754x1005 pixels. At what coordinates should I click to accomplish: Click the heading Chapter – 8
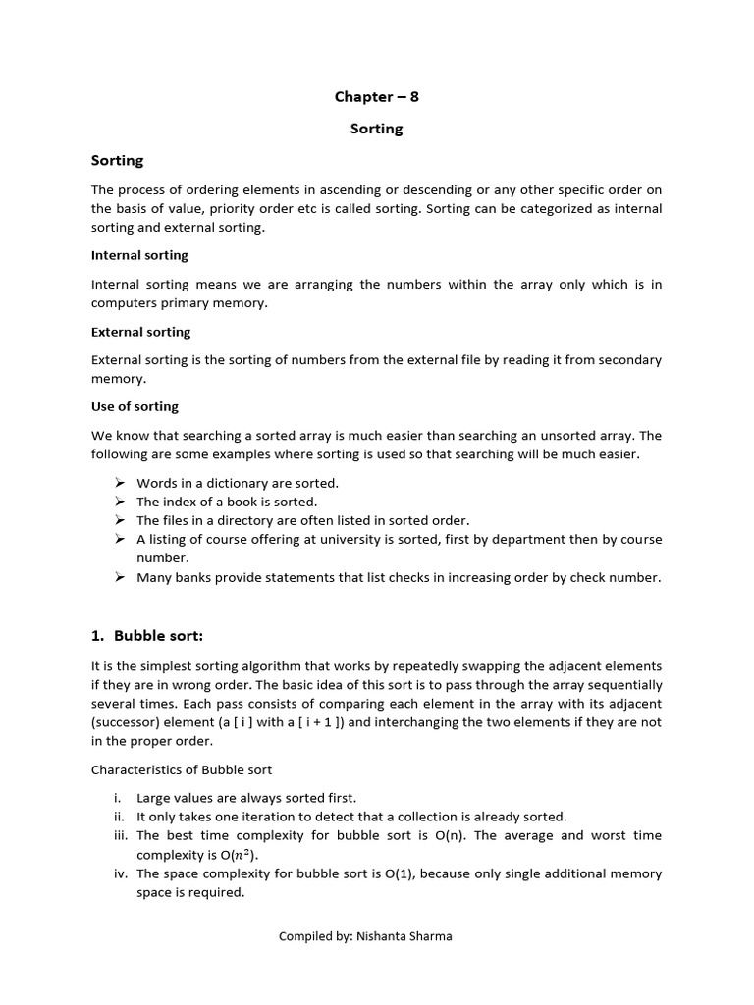376,96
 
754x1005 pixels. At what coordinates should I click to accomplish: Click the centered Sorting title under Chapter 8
376,129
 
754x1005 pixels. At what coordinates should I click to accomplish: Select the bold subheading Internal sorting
139,255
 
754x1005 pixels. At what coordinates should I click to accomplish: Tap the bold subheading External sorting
140,332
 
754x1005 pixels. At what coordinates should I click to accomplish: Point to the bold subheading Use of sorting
135,406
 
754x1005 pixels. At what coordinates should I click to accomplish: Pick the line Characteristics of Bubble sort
182,769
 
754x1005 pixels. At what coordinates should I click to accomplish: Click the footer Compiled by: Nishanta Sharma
365,936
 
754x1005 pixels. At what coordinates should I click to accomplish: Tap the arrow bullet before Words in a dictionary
119,483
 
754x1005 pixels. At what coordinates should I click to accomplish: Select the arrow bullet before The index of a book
119,502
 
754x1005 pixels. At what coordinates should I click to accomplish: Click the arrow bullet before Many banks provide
119,577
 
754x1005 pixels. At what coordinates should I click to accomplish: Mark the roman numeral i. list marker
119,798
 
